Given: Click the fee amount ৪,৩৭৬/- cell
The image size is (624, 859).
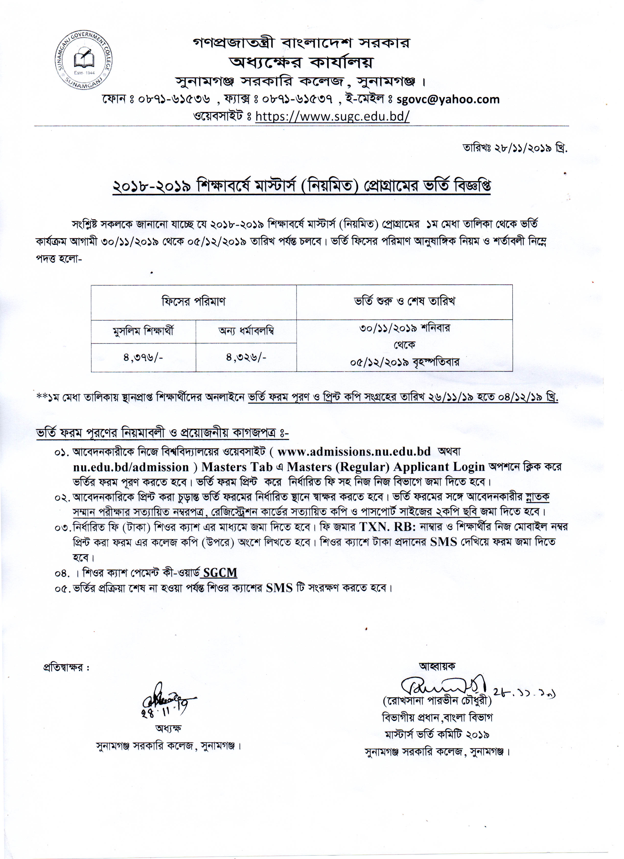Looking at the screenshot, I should (x=143, y=357).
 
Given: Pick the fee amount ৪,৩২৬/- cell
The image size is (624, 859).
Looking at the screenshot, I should (x=246, y=357).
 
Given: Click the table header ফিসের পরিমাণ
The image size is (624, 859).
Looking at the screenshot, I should (x=194, y=302).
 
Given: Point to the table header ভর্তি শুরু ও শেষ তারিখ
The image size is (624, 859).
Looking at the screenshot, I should (x=404, y=302).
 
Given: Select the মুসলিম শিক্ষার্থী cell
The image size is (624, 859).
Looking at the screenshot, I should (x=143, y=331).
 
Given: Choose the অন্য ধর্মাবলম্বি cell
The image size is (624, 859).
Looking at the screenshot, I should (x=246, y=331).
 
